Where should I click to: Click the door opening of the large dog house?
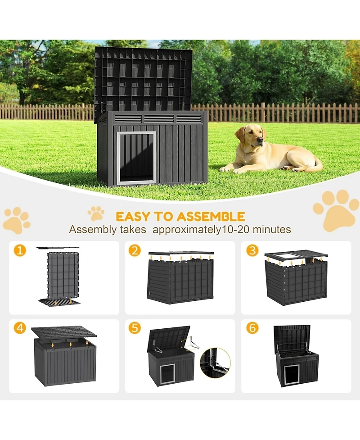click(137, 158)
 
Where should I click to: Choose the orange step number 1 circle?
click(19, 250)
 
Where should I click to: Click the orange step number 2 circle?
click(135, 250)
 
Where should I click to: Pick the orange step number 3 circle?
click(252, 250)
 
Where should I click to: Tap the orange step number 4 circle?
click(19, 328)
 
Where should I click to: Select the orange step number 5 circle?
click(135, 328)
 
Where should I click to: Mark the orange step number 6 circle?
click(252, 328)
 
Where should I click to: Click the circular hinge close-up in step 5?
click(215, 363)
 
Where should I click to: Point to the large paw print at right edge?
click(337, 209)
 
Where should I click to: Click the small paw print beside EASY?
click(96, 213)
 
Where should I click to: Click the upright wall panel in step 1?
click(63, 275)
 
